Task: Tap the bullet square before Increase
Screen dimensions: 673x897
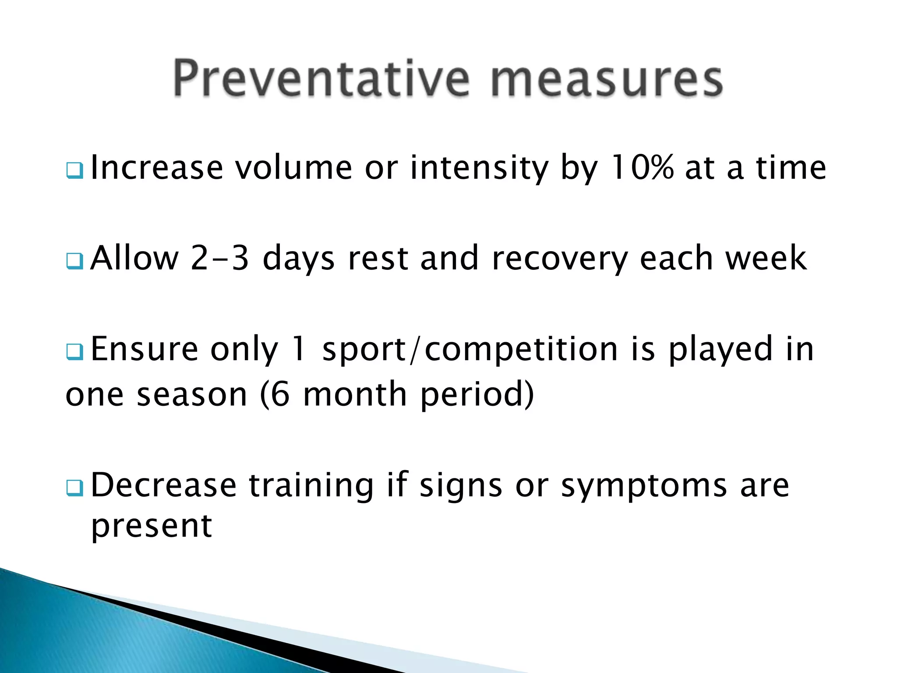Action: (x=74, y=170)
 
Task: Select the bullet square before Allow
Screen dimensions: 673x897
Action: (x=74, y=261)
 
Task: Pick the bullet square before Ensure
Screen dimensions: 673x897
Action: (x=74, y=352)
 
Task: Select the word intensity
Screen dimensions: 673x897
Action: (x=479, y=169)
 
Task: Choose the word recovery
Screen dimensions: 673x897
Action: (x=560, y=259)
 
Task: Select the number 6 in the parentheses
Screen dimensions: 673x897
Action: (x=280, y=394)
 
